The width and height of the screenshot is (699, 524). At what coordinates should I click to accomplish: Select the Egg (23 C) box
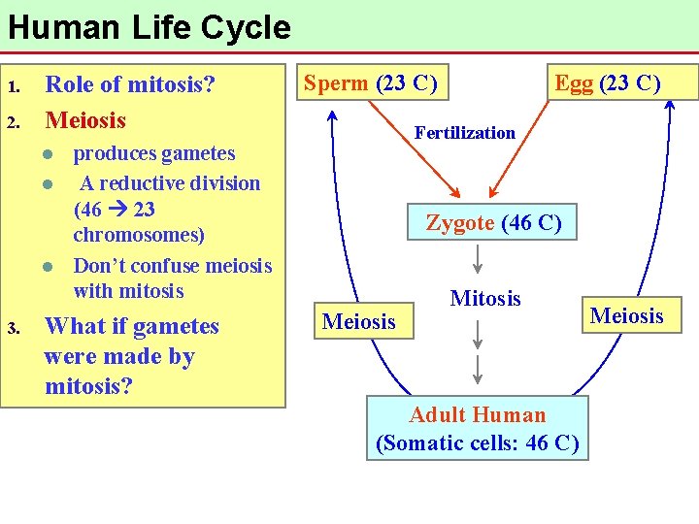[x=608, y=83]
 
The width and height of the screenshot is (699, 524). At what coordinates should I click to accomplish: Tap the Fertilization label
[x=465, y=133]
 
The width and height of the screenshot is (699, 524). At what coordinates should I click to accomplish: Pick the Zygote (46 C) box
[x=493, y=223]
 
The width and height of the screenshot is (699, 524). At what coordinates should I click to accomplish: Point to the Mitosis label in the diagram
[x=485, y=299]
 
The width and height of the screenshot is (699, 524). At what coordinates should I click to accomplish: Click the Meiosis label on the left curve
[x=359, y=321]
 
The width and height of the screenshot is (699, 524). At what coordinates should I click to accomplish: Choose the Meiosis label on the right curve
[x=627, y=315]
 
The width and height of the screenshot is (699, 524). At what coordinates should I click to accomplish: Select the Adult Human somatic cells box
[x=478, y=429]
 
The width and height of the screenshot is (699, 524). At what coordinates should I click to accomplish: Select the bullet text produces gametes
[x=154, y=153]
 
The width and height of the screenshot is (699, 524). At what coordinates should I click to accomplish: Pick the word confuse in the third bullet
[x=177, y=266]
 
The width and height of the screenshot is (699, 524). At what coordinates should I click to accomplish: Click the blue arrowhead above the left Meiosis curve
[x=331, y=115]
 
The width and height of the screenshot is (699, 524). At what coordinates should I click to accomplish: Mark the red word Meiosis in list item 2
[x=85, y=120]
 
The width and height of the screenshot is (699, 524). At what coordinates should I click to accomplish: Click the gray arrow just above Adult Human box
[x=478, y=369]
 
